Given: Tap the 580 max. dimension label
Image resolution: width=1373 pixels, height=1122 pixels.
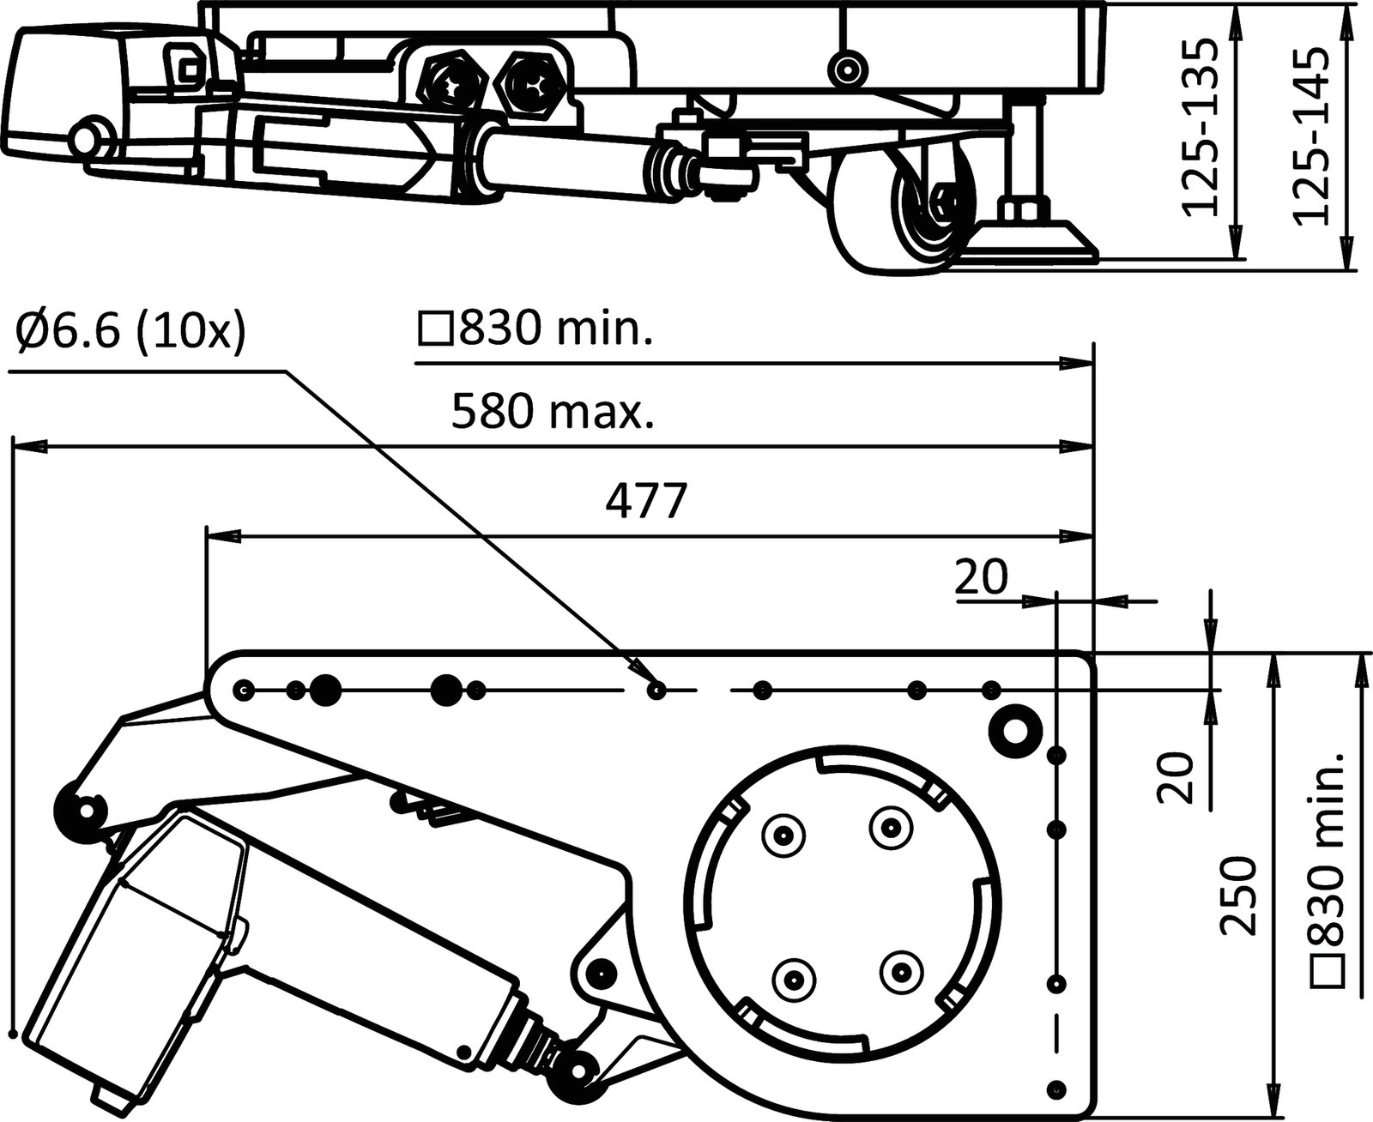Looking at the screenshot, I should [552, 413].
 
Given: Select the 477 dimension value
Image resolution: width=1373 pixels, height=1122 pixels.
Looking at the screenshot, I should [646, 502].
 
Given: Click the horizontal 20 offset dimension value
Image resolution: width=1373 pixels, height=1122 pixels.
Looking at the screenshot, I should [981, 577].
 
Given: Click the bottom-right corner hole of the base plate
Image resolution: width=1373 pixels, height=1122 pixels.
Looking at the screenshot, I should [1058, 1088].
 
